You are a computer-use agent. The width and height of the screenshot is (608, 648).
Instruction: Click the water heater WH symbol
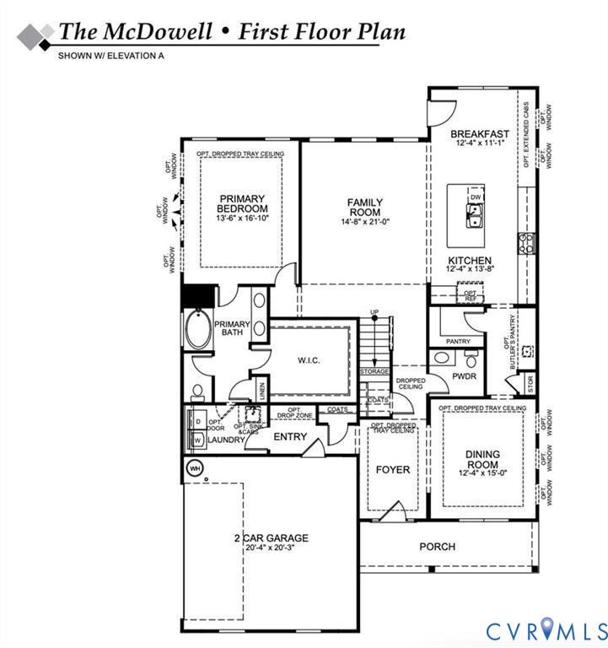coord(194,467)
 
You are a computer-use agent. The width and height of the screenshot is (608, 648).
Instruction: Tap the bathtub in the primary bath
coord(199,332)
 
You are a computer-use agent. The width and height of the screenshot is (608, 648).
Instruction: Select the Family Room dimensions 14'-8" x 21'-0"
coord(365,223)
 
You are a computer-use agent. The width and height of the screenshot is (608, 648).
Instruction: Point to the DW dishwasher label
coord(476,197)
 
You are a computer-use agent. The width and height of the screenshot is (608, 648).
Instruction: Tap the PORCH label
coord(437,547)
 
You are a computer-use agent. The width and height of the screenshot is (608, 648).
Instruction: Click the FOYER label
coord(392,469)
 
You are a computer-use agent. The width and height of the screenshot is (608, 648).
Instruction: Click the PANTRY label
coord(458,342)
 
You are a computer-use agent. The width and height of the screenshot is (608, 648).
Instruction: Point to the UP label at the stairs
coord(374,314)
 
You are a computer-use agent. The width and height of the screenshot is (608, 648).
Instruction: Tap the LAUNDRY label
coord(227,439)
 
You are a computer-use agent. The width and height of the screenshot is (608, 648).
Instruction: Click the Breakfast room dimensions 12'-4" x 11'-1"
coord(479,144)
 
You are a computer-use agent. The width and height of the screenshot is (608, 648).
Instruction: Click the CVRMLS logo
coord(546,629)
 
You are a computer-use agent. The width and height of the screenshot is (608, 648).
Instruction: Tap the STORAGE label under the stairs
coord(374,371)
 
